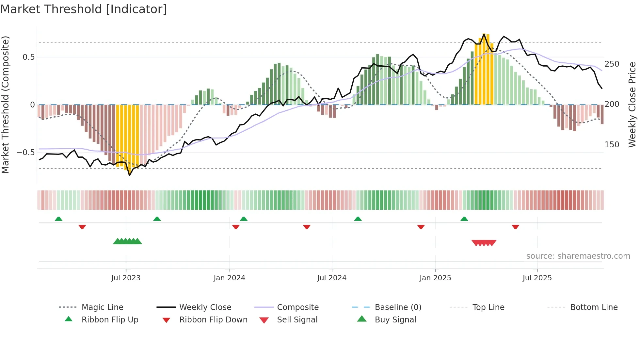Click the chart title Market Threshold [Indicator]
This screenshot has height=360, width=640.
84,9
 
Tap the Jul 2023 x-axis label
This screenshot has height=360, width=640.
126,278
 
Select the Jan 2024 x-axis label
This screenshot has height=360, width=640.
229,278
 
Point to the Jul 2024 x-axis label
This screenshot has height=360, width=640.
332,278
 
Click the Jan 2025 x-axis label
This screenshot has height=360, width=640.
435,278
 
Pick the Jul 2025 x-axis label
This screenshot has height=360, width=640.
537,278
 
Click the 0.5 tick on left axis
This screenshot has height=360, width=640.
28,57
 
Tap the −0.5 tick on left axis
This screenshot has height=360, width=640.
25,153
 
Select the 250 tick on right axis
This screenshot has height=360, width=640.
612,64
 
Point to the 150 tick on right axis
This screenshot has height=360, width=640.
612,145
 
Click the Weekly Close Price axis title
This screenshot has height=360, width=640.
632,105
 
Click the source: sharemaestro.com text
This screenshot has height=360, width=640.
578,256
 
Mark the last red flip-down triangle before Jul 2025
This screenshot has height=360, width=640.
515,227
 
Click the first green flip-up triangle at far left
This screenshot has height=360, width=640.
58,219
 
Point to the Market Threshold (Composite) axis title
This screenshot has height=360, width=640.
5,105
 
